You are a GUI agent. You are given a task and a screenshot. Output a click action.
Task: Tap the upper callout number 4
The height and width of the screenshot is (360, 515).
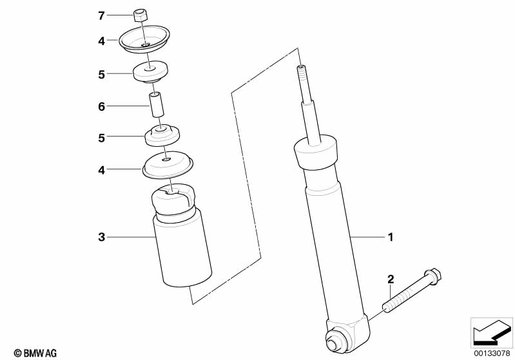pos(101,41)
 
